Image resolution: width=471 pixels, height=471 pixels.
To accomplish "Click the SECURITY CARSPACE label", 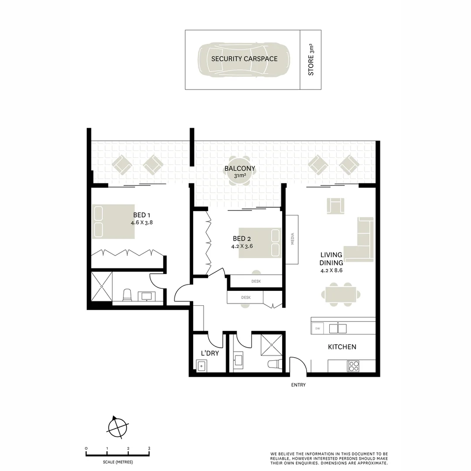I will [244, 59].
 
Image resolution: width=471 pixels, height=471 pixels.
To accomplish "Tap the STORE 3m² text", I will [311, 60].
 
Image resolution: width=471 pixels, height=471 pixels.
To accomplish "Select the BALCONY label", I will [239, 169].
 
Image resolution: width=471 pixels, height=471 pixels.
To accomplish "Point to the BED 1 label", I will [142, 215].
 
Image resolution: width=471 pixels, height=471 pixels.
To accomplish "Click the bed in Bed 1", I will [113, 222].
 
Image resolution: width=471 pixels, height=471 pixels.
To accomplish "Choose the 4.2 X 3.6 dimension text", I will [242, 246].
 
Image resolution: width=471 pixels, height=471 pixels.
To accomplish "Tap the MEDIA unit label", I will [293, 239].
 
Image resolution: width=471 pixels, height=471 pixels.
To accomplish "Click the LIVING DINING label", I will [331, 259].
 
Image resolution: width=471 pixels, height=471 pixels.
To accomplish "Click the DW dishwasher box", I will [317, 328].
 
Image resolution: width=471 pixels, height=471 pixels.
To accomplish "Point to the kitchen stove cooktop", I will [353, 366].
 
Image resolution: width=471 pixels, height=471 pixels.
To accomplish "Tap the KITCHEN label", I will [342, 347].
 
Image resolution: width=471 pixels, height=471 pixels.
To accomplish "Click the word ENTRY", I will [298, 385].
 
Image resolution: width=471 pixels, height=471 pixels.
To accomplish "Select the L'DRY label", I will [209, 353].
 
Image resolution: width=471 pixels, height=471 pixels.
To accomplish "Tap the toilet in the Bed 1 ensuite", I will [127, 295].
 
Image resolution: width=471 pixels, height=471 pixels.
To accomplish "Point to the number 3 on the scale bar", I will [149, 448].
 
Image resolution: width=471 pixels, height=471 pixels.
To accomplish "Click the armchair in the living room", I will [335, 205].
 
